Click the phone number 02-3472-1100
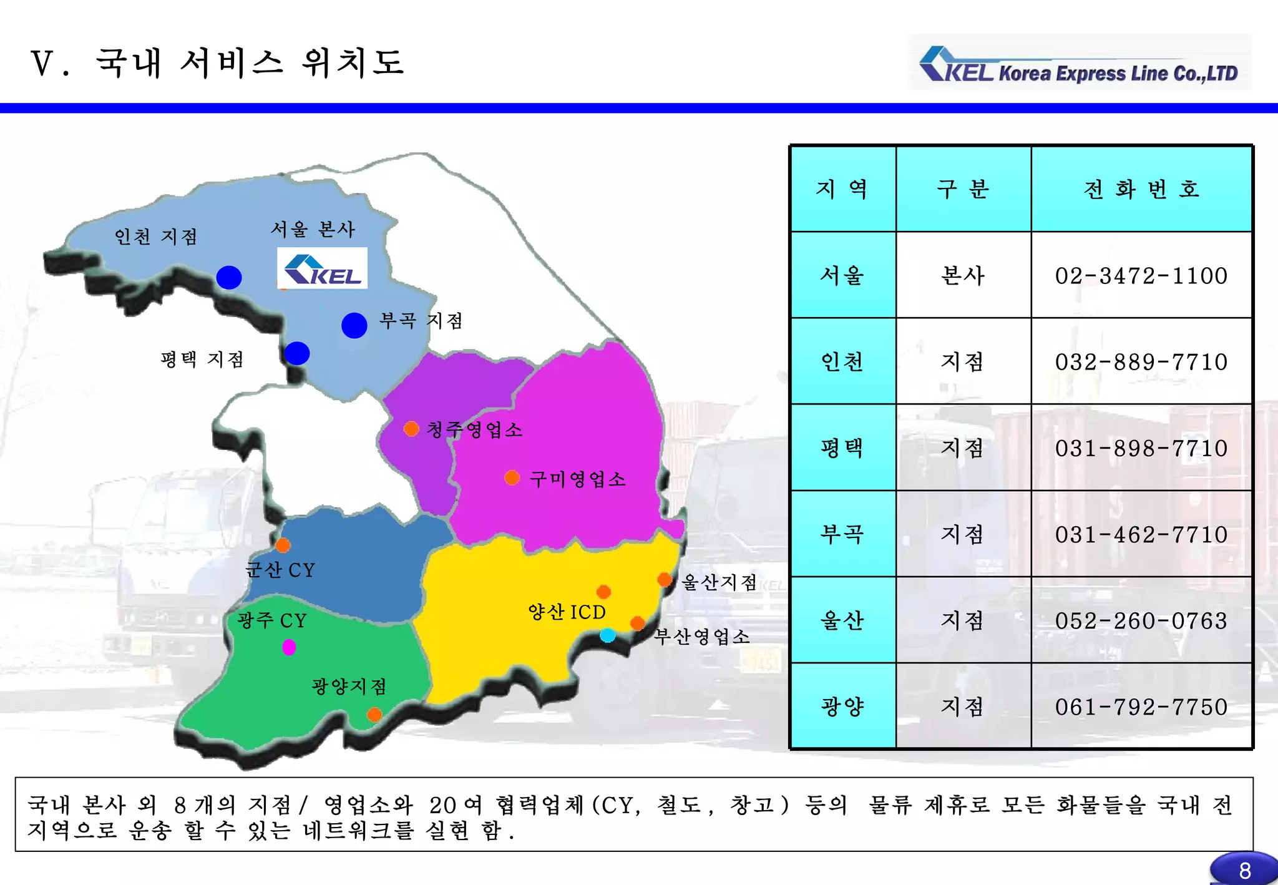[x=1141, y=275]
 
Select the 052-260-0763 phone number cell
[x=1141, y=620]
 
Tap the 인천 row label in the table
[x=842, y=361]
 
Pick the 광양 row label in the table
[x=842, y=707]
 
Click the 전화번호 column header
[x=1141, y=188]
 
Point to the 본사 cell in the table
[x=962, y=275]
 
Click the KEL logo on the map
[x=322, y=268]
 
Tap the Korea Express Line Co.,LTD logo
[x=1080, y=64]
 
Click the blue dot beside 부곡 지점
[x=354, y=325]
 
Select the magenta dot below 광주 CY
[x=289, y=647]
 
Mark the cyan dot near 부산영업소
[x=607, y=635]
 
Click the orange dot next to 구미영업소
[x=512, y=478]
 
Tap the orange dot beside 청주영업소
[x=411, y=429]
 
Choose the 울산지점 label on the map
[x=719, y=582]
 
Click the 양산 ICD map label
[x=567, y=612]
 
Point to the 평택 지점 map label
[x=202, y=359]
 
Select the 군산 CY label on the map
[x=280, y=570]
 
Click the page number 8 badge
[x=1244, y=870]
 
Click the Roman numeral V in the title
[x=42, y=64]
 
